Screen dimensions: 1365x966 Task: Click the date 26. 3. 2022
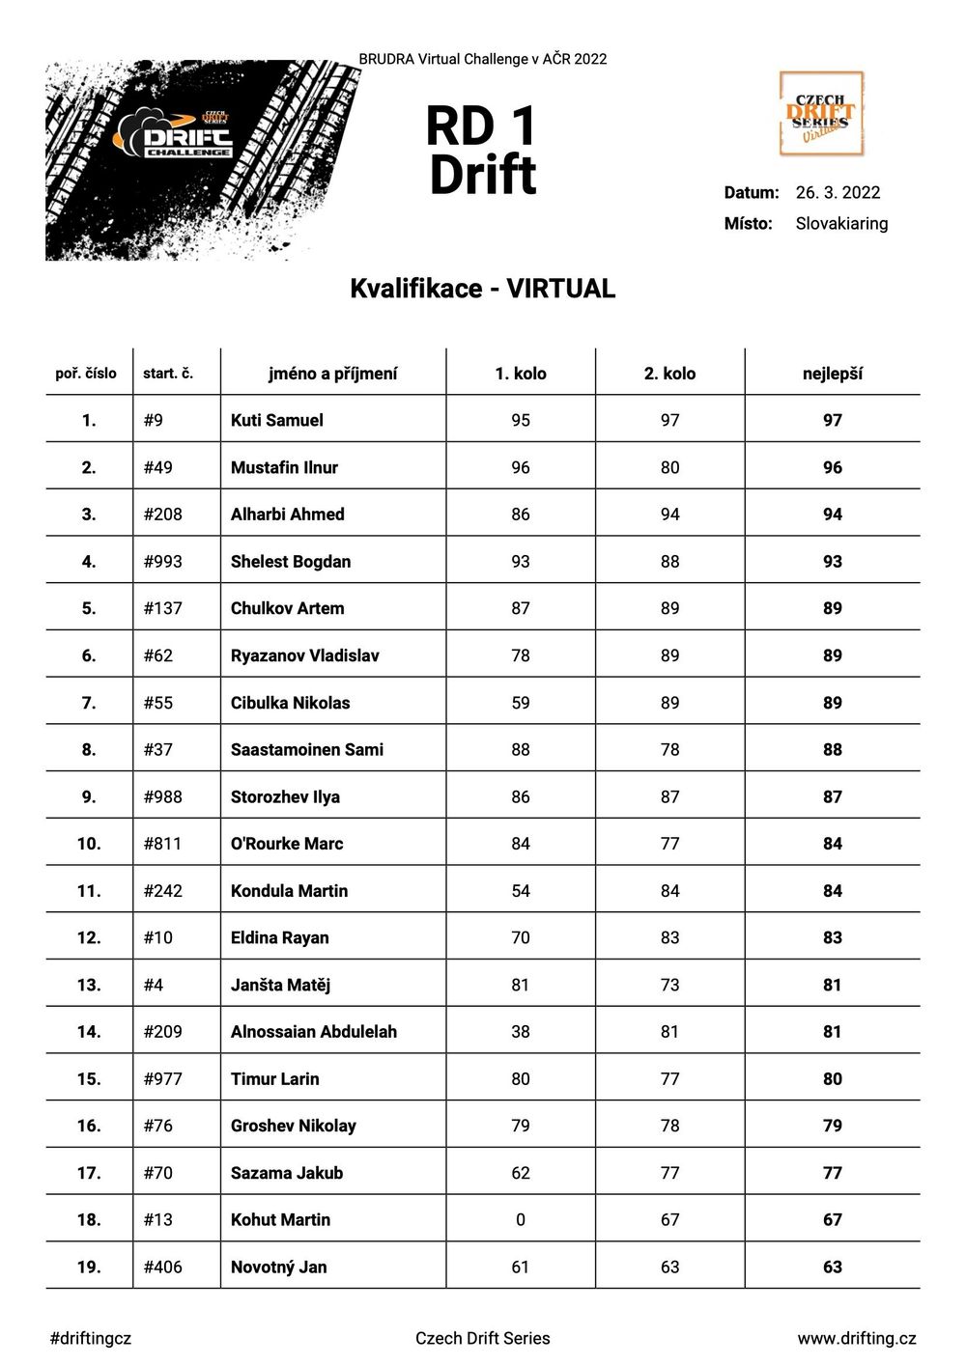(838, 192)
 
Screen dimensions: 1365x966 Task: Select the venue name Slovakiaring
(841, 223)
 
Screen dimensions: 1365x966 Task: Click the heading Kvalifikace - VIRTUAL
(482, 289)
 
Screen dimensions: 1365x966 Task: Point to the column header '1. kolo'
(521, 374)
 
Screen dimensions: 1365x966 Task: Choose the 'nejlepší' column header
(832, 374)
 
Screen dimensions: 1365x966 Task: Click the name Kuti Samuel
(277, 420)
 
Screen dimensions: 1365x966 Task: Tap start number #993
(162, 561)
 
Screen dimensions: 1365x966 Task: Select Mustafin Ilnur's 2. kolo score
(669, 467)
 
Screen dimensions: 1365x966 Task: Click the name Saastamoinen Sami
(307, 749)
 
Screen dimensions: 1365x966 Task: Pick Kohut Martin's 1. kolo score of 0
(521, 1219)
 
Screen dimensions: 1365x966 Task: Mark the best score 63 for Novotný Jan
(832, 1267)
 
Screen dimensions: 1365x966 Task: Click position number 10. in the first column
(89, 844)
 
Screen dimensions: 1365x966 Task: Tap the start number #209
(162, 1031)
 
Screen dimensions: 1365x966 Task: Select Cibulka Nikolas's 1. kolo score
(521, 703)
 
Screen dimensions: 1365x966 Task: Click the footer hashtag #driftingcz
(90, 1338)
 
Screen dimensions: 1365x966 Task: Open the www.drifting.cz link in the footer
(856, 1338)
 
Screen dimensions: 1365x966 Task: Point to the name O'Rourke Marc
(287, 844)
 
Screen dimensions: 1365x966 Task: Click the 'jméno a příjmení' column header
(333, 374)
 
